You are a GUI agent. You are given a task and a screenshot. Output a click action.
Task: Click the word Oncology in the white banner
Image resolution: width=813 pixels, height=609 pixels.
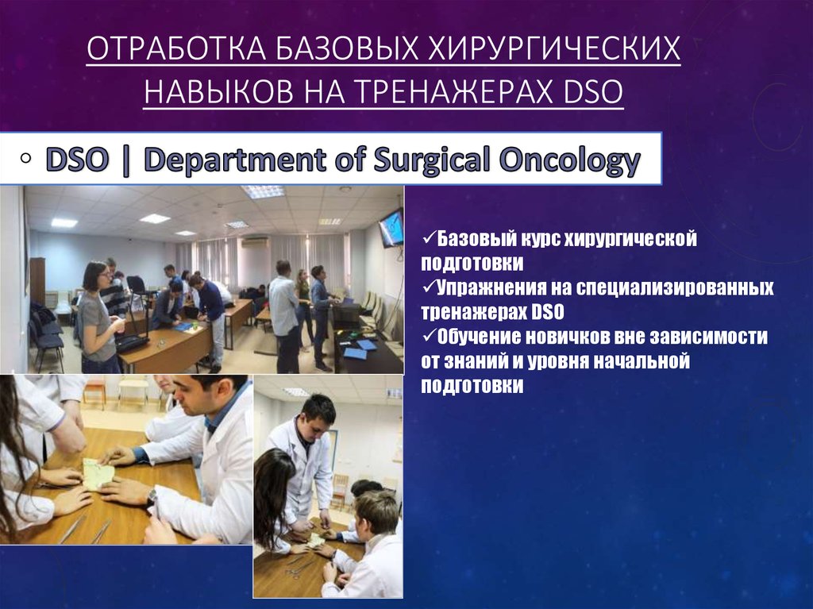click(x=568, y=160)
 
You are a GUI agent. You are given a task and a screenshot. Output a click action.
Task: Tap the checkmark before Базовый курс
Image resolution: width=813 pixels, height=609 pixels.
click(x=423, y=239)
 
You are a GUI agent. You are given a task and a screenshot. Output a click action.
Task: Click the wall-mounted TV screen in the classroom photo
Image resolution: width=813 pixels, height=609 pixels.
click(x=391, y=228)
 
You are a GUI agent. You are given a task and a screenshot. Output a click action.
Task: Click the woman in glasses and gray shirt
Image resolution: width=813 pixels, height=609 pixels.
click(x=96, y=314)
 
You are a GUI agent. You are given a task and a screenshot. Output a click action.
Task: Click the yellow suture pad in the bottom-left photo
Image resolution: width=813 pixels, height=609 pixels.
click(x=99, y=474)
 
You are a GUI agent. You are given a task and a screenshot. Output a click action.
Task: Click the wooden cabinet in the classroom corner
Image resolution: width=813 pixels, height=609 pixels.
click(x=37, y=281)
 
